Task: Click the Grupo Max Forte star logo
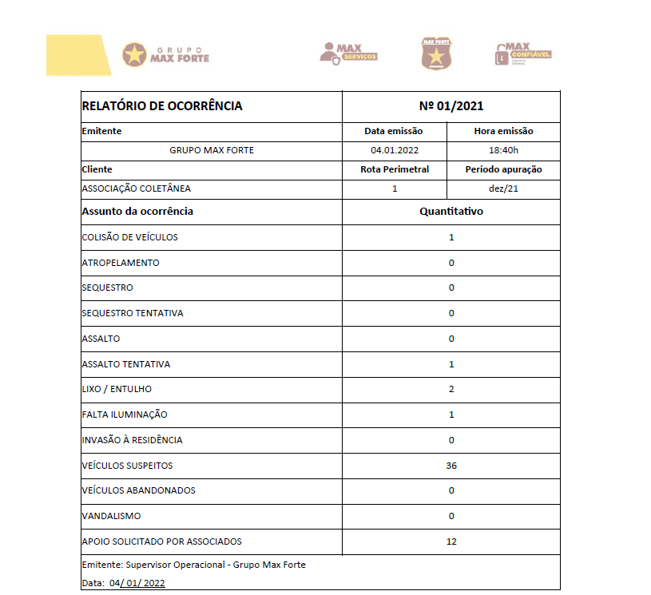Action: pos(135,54)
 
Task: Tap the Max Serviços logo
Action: pos(348,54)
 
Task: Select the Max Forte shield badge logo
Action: pos(435,54)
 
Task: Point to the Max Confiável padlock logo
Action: pos(523,54)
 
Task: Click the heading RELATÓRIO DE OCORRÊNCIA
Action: pos(162,105)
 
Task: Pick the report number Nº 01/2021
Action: pos(451,105)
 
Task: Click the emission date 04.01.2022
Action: pos(395,150)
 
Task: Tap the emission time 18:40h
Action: pos(503,150)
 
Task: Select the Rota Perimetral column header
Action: pos(395,169)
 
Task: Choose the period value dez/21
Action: pos(503,188)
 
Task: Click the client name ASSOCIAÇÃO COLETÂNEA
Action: pos(137,188)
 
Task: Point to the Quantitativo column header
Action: pos(451,212)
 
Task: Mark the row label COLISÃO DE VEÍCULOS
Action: pos(130,237)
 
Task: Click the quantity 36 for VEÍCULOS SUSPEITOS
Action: pos(451,466)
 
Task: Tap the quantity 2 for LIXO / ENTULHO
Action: pos(451,389)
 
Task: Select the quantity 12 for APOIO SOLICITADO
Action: pos(451,541)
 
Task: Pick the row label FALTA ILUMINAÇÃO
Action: pos(125,415)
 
